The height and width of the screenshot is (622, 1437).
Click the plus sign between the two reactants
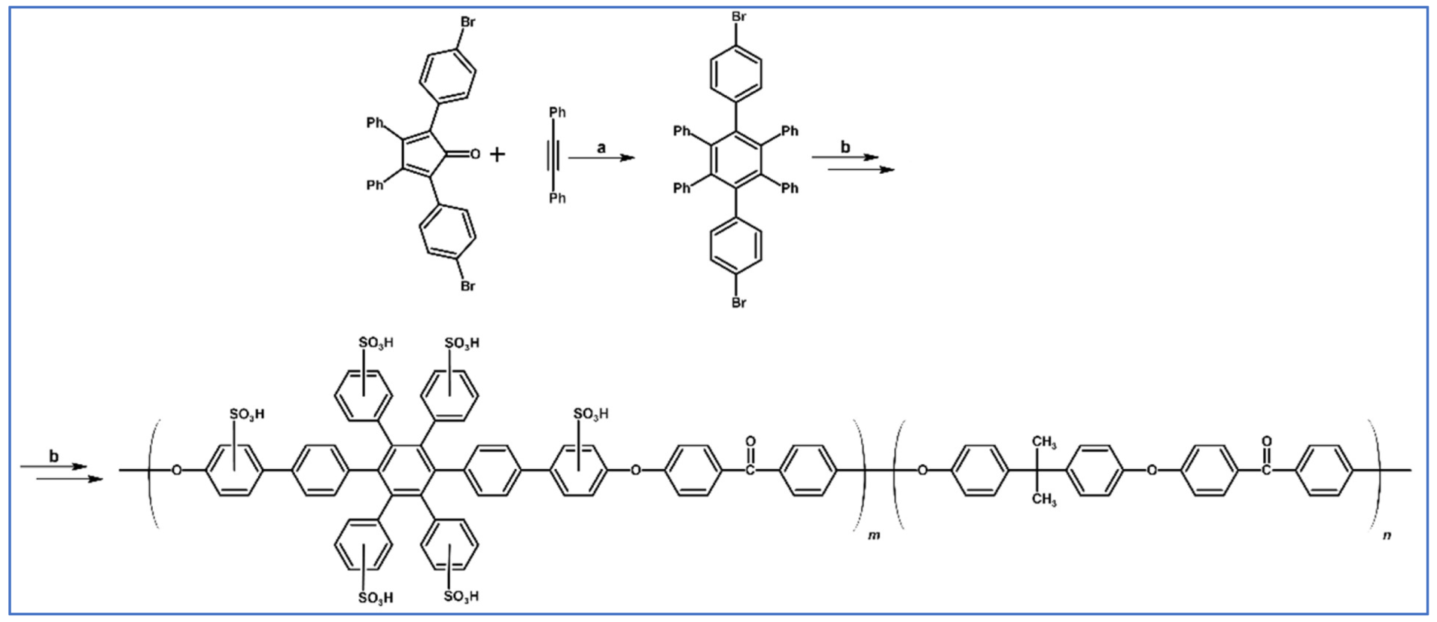point(497,155)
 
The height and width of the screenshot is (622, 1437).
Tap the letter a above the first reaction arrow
point(601,148)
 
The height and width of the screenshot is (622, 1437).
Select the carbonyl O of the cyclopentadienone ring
point(475,154)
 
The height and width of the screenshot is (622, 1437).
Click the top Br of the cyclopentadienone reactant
point(467,22)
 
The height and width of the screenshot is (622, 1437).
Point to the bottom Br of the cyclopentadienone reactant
point(467,286)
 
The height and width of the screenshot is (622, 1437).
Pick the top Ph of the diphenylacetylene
point(557,112)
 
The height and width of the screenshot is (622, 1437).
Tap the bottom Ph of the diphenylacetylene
point(557,198)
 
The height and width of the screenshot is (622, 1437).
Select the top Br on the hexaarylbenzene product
point(738,17)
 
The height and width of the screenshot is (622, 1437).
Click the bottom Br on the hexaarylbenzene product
point(738,303)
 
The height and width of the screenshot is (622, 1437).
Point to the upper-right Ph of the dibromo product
point(790,131)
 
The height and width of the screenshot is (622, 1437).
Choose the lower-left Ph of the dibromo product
point(681,188)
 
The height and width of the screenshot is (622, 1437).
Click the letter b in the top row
point(845,148)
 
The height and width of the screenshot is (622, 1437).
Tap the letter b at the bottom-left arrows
point(53,456)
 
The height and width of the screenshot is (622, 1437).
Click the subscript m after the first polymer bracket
point(873,536)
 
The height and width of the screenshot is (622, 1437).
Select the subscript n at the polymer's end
point(1387,535)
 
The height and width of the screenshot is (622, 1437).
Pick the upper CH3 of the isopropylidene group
point(1044,442)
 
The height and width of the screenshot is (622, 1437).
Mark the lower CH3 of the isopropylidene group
point(1044,499)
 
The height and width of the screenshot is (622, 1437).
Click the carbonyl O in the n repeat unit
point(1266,442)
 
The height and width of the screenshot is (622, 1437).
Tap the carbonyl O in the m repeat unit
point(750,442)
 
